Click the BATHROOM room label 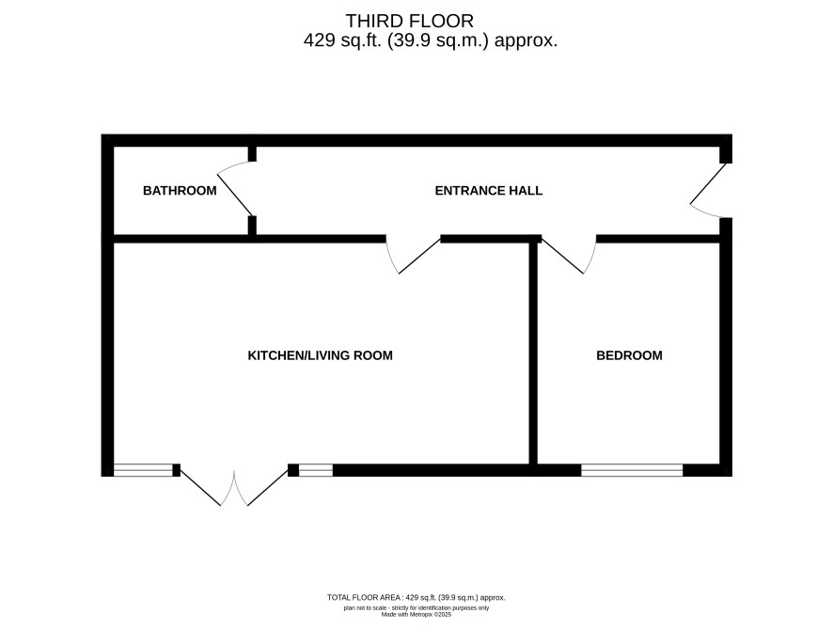[180, 191]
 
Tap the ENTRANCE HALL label [489, 191]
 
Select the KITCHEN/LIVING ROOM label [321, 355]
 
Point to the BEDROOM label [630, 355]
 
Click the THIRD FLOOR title [410, 22]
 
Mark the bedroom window [632, 470]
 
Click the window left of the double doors [144, 470]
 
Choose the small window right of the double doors [316, 470]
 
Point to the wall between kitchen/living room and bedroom [533, 353]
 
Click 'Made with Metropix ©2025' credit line [416, 615]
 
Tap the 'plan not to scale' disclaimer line [416, 608]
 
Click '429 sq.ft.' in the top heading [342, 40]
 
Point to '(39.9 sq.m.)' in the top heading [438, 40]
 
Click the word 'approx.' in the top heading [526, 41]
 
